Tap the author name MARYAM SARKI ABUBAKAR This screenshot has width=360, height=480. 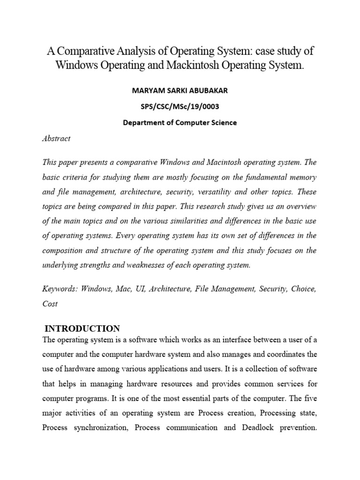[180, 90]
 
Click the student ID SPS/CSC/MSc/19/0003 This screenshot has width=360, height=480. [180, 106]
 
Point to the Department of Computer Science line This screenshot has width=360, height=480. [180, 123]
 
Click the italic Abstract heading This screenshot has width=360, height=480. [56, 138]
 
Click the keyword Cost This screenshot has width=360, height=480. [50, 304]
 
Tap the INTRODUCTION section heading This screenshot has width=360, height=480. [82, 328]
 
